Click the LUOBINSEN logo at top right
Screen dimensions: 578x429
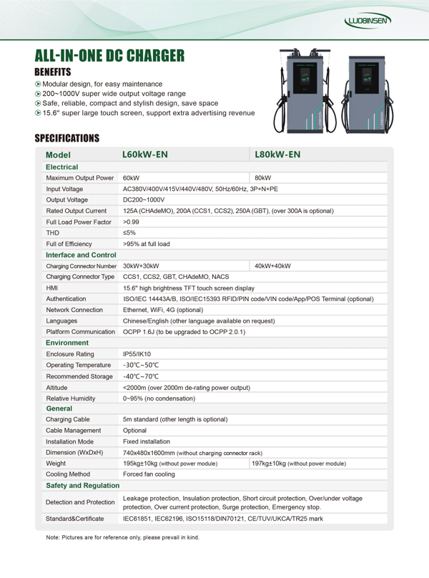coord(368,21)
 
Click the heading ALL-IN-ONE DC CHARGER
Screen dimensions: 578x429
coord(109,56)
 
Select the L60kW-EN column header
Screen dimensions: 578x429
coord(145,155)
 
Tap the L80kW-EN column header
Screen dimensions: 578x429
coord(277,155)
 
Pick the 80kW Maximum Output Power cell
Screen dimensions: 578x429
coord(263,177)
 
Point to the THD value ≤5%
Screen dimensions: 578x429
coord(129,232)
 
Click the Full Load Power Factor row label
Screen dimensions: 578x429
coord(79,222)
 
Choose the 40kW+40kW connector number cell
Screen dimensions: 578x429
coord(273,266)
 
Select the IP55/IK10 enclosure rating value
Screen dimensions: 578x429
coord(137,354)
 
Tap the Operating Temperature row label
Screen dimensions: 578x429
coord(78,365)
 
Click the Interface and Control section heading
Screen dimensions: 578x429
coord(81,255)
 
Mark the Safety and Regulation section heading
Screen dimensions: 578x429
coord(82,486)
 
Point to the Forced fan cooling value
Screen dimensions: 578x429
coord(149,474)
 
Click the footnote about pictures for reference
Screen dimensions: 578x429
coord(123,537)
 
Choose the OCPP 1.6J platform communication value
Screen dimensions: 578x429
coord(184,332)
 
